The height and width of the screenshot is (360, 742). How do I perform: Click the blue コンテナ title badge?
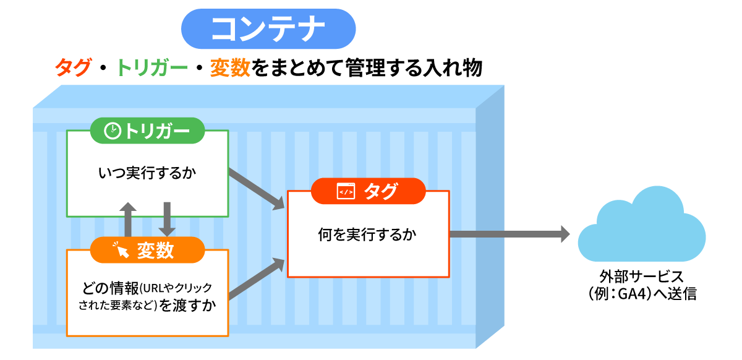pyautogui.click(x=268, y=28)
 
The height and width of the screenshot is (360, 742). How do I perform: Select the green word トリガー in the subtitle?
pyautogui.click(x=152, y=67)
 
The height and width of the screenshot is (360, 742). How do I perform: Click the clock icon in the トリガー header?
pyautogui.click(x=113, y=131)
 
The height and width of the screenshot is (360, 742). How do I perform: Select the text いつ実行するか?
pyautogui.click(x=147, y=173)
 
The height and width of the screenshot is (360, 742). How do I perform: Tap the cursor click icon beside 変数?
pyautogui.click(x=121, y=250)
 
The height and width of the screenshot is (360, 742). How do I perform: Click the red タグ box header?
pyautogui.click(x=369, y=191)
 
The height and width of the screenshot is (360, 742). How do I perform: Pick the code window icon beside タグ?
pyautogui.click(x=346, y=192)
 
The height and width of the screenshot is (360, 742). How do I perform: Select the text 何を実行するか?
pyautogui.click(x=368, y=234)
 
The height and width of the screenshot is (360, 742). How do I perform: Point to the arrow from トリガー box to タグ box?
pyautogui.click(x=257, y=189)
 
